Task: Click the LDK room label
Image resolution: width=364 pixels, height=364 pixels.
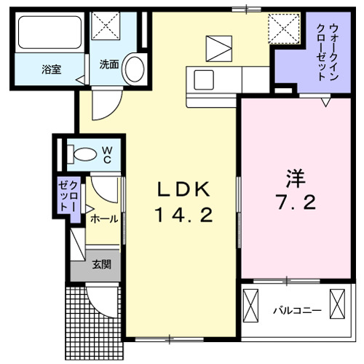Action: pos(183,191)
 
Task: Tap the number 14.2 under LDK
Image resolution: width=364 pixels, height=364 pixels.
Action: pos(183,215)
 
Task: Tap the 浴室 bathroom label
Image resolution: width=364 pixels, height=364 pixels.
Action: pos(51,70)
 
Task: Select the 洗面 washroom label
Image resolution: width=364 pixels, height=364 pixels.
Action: pos(108,63)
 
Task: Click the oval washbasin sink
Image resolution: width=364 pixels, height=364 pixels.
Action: pos(133,69)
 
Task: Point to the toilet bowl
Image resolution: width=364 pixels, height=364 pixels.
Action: pos(84,154)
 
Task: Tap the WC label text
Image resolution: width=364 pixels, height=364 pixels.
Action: pos(106,154)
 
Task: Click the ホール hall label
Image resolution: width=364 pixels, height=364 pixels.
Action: pos(103,218)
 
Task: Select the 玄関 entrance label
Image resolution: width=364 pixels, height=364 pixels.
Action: pos(101,265)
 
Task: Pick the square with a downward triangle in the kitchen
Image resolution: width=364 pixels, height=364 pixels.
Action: pos(218,47)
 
